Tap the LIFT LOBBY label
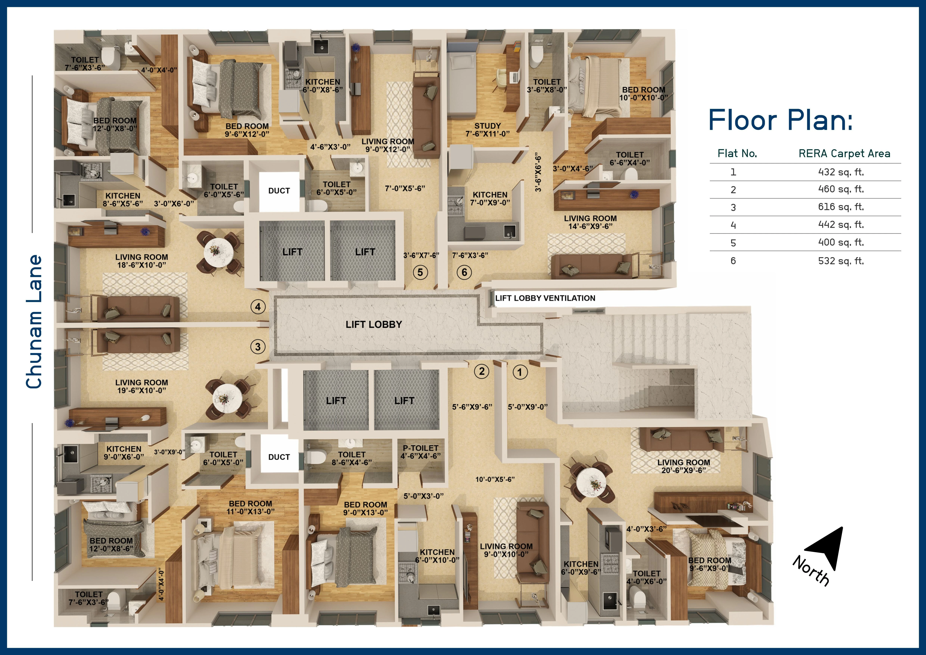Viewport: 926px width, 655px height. coord(373,325)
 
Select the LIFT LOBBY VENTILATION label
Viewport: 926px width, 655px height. coord(545,298)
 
